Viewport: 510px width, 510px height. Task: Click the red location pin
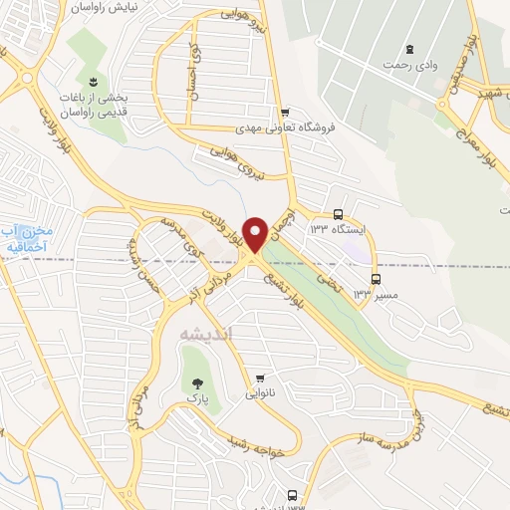click(254, 233)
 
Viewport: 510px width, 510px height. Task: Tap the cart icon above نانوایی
click(261, 378)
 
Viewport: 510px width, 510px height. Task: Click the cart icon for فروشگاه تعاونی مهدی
click(286, 112)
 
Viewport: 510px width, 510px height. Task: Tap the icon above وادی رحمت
click(409, 49)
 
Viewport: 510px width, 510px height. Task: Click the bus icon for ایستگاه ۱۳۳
click(338, 214)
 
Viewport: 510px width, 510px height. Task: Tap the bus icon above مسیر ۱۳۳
click(376, 279)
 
